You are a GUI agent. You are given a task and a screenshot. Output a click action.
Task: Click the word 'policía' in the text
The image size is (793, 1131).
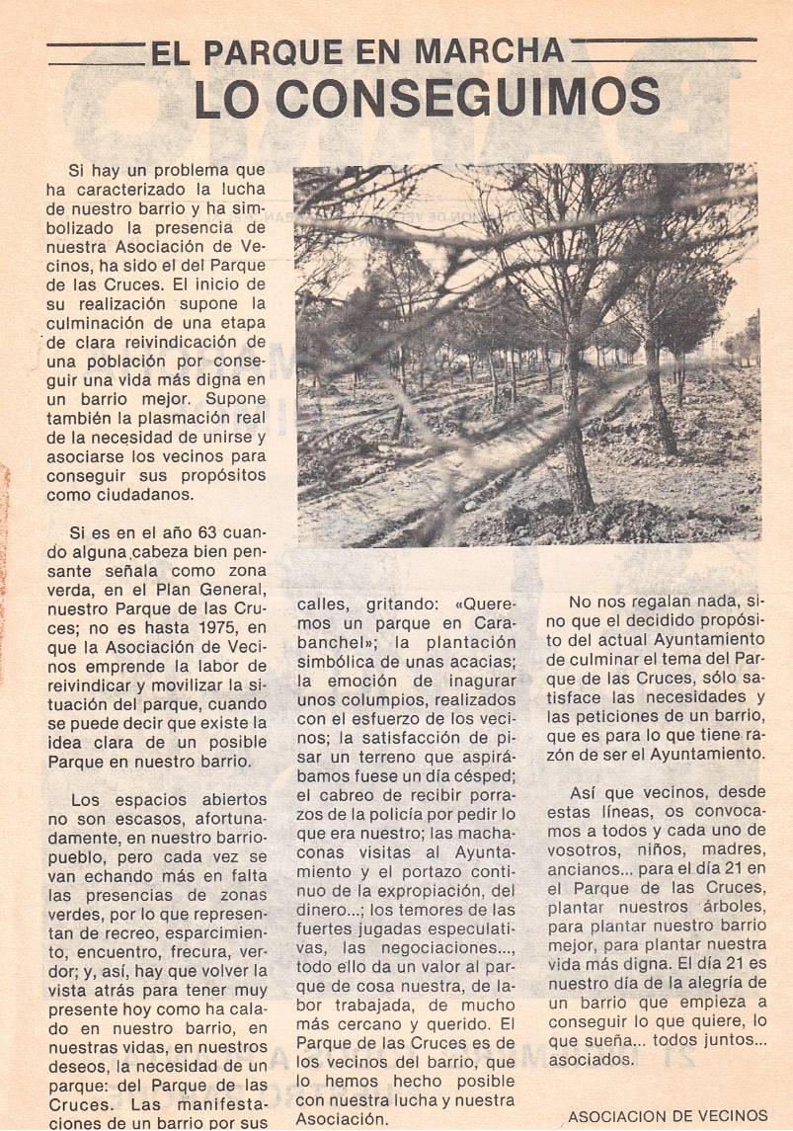pos(396,814)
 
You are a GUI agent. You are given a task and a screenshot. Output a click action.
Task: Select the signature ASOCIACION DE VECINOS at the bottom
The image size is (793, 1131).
pos(668,1116)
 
